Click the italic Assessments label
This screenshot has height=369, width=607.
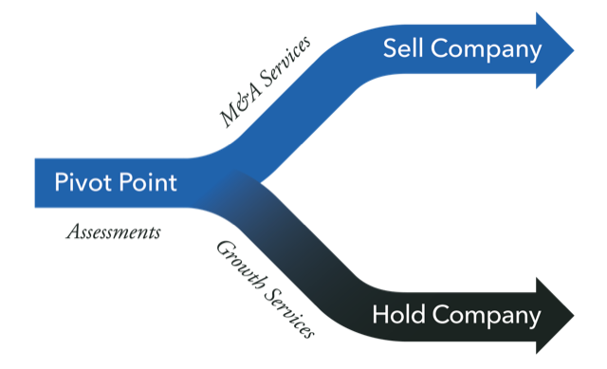(x=112, y=231)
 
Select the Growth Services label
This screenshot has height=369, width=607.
(x=265, y=288)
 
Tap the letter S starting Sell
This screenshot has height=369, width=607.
(x=388, y=49)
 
